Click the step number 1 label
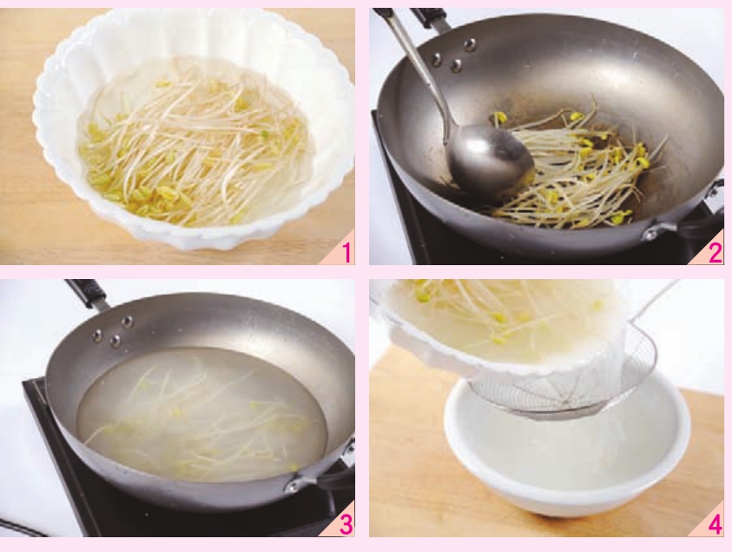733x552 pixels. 347,253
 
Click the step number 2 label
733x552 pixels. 716,253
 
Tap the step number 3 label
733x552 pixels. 346,525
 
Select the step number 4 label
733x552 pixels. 716,525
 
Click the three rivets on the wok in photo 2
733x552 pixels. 454,56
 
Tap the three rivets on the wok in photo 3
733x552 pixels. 112,331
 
